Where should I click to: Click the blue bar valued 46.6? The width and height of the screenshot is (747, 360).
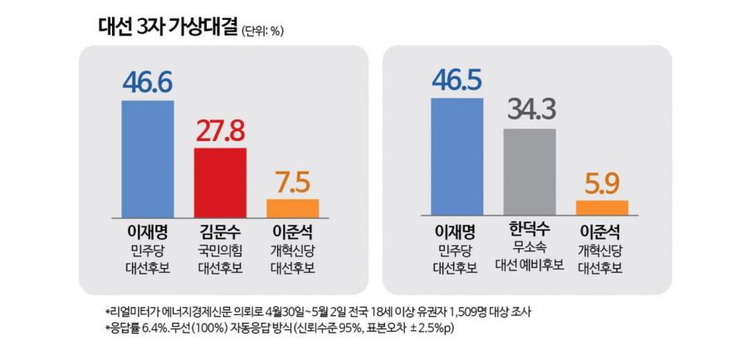coord(148,159)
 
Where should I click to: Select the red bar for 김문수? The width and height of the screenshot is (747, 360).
coord(220,182)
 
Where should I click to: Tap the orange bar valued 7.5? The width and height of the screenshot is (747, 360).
coord(292,208)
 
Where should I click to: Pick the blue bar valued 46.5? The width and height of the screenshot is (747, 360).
coord(456,156)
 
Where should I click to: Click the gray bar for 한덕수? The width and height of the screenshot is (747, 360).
coord(530,172)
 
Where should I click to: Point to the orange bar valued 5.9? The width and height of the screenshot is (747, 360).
coord(603,207)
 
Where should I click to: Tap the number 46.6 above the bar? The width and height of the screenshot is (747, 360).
coord(148,83)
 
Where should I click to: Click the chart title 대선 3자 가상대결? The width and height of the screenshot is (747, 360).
coord(167,27)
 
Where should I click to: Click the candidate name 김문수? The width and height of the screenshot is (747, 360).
coord(220,233)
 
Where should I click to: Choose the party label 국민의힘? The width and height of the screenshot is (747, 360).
coord(220,251)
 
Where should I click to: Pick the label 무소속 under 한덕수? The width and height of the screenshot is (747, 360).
coord(530,248)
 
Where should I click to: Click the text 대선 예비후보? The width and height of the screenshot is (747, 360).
coord(530,265)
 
